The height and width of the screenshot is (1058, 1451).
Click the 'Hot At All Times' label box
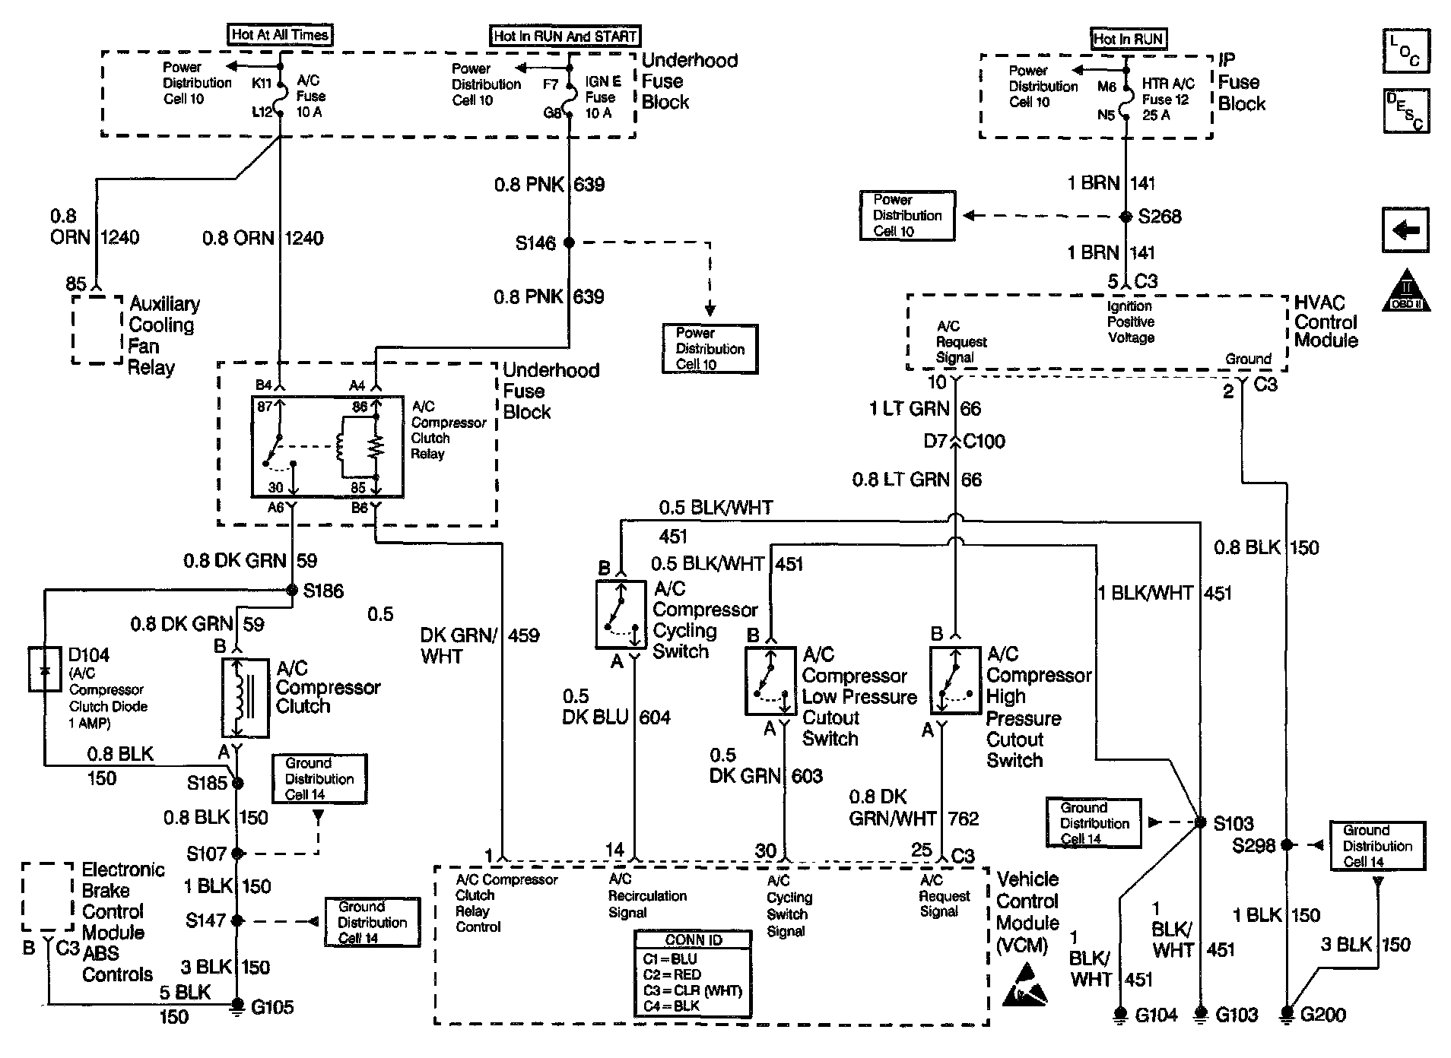(x=280, y=35)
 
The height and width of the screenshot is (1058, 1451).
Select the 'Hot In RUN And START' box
(x=564, y=36)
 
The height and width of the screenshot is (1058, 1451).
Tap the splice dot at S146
(x=569, y=242)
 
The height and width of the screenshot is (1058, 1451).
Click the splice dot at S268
(x=1126, y=217)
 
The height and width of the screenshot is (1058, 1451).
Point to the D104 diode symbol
(x=45, y=670)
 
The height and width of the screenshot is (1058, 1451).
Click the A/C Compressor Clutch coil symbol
(x=245, y=698)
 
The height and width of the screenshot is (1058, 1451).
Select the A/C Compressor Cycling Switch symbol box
(x=621, y=614)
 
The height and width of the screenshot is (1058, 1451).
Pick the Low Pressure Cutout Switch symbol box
(x=770, y=680)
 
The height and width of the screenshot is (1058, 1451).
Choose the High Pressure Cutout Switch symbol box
(x=955, y=680)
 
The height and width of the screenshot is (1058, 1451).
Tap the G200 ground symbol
(x=1287, y=1014)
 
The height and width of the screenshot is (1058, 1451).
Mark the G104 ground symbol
(x=1120, y=1014)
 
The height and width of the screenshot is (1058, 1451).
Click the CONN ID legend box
(x=693, y=974)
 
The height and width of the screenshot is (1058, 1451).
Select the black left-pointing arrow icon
(x=1405, y=230)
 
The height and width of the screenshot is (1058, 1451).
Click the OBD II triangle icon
(x=1406, y=290)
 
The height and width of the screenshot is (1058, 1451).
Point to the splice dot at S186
(x=292, y=590)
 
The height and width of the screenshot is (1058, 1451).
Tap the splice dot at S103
(x=1201, y=822)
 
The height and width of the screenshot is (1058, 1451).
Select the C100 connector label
(x=984, y=441)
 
